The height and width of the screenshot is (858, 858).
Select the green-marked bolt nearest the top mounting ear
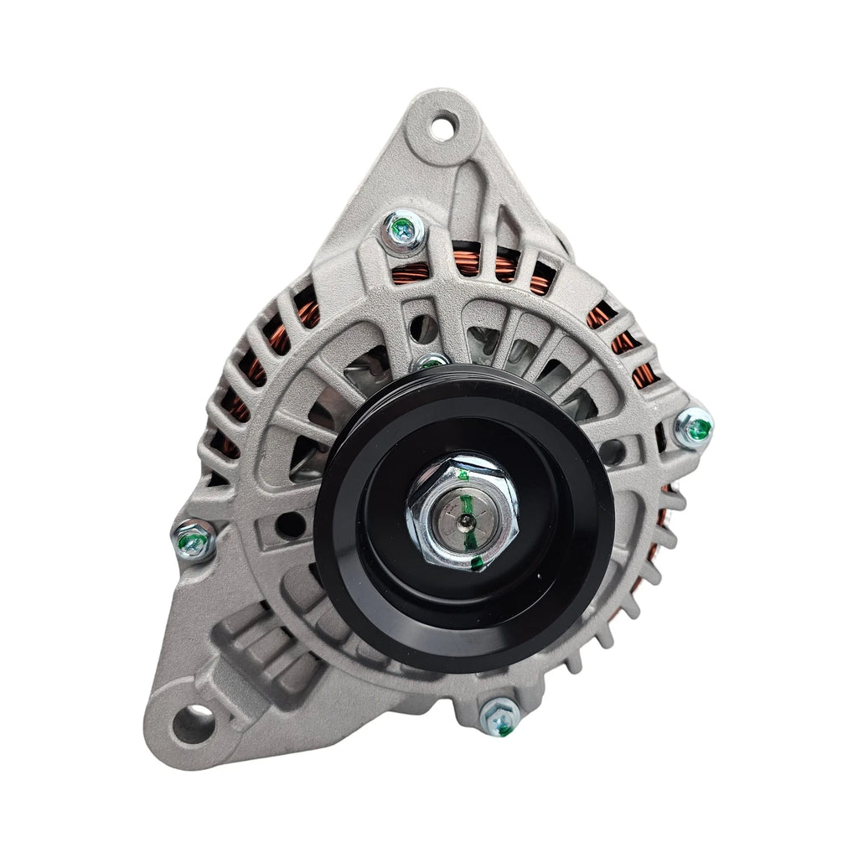[x=403, y=230]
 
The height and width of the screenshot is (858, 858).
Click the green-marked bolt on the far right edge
[x=695, y=428]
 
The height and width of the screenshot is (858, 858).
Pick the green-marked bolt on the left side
[x=194, y=540]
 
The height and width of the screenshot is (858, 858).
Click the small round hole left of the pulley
[x=288, y=525]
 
